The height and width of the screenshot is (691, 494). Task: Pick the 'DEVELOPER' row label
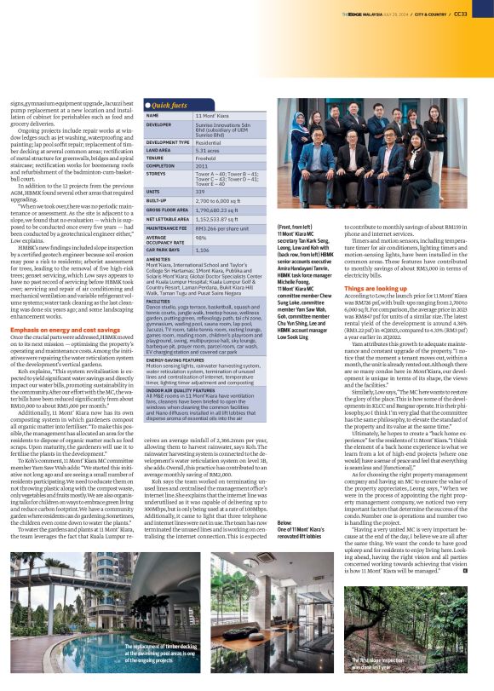[160, 124]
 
